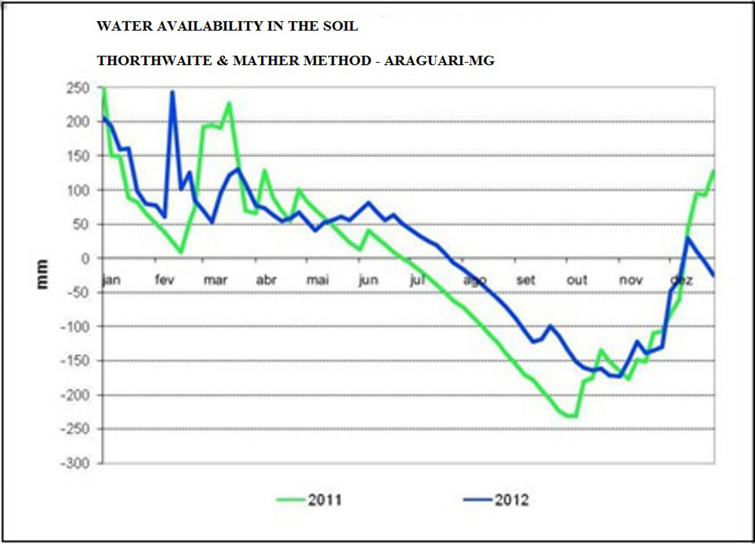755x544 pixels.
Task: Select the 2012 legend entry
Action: pyautogui.click(x=496, y=500)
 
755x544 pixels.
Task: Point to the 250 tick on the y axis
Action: pyautogui.click(x=77, y=88)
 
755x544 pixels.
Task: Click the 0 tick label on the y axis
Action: pyautogui.click(x=85, y=259)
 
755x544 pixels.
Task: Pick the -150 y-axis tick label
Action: pyautogui.click(x=75, y=361)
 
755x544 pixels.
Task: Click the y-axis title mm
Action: pyautogui.click(x=42, y=274)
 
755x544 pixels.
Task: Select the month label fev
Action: pyautogui.click(x=164, y=279)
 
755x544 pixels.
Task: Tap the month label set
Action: pyautogui.click(x=526, y=279)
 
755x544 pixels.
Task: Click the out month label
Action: pyautogui.click(x=577, y=279)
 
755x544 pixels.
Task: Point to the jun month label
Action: pyautogui.click(x=368, y=279)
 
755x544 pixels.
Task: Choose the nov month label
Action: pyautogui.click(x=630, y=279)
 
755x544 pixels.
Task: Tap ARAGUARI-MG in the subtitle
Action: pyautogui.click(x=439, y=61)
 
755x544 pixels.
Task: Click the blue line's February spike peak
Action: pyautogui.click(x=172, y=92)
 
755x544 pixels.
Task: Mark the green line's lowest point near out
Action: pyautogui.click(x=572, y=416)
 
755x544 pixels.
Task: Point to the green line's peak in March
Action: pyautogui.click(x=229, y=103)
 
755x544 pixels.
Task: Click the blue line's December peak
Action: pyautogui.click(x=688, y=237)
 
